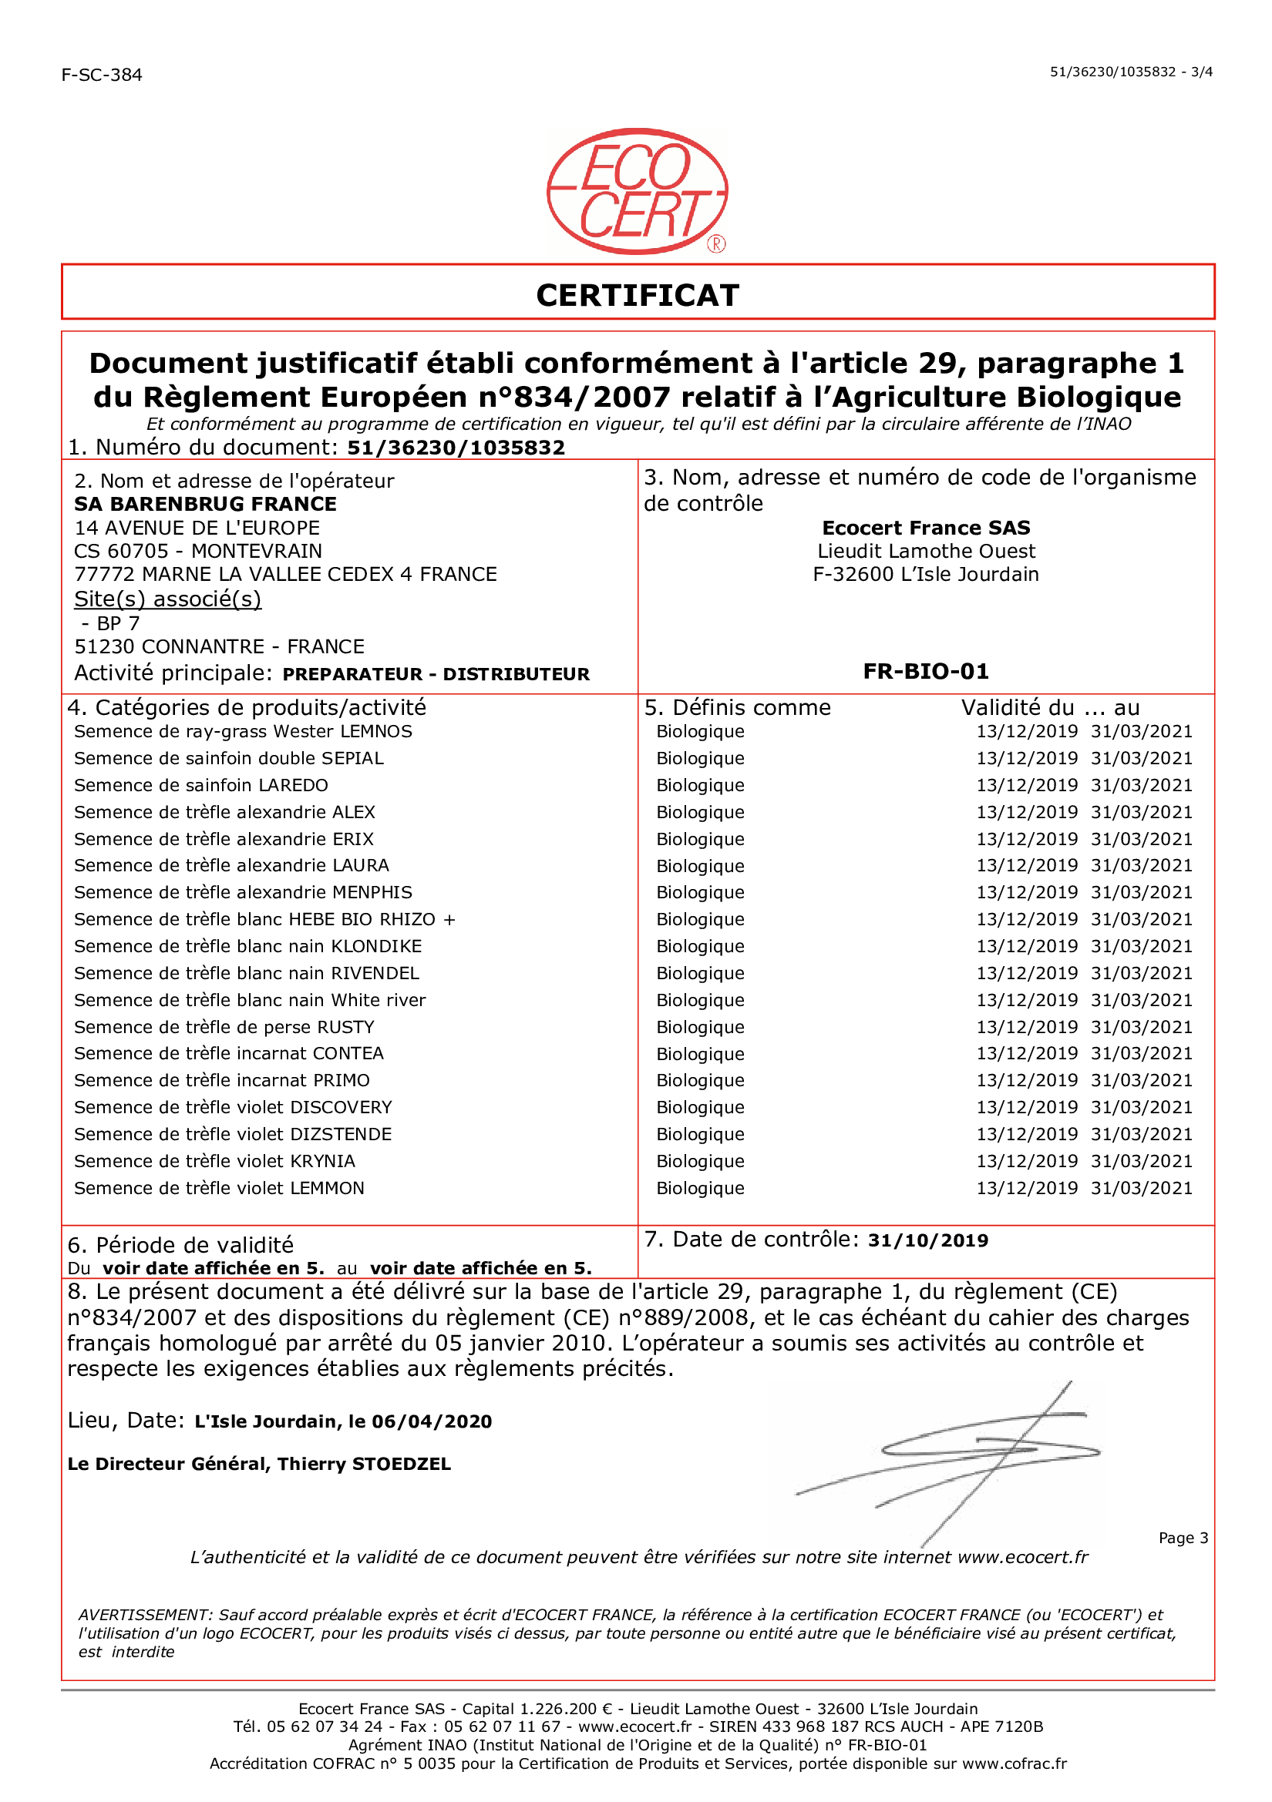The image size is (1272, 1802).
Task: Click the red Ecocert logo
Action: tap(637, 192)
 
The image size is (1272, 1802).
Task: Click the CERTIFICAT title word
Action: tap(637, 296)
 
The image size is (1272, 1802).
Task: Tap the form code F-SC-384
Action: tap(102, 76)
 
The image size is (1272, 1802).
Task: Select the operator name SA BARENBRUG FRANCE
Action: tap(205, 504)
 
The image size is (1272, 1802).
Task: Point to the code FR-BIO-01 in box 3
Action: tap(926, 672)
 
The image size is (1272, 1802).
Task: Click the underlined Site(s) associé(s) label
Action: tap(167, 599)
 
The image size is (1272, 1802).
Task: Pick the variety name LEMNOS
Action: tap(376, 731)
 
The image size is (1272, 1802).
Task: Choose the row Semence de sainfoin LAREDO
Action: tap(201, 786)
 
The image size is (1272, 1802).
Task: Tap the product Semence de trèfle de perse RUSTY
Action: tap(224, 1028)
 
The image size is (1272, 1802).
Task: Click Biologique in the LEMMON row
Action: tap(701, 1188)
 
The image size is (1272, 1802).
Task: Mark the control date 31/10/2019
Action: tap(927, 1241)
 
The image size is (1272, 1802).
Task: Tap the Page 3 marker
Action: tap(1183, 1538)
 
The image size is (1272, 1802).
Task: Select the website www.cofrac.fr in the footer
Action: tap(1015, 1763)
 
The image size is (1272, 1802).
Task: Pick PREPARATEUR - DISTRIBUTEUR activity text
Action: tap(436, 674)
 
